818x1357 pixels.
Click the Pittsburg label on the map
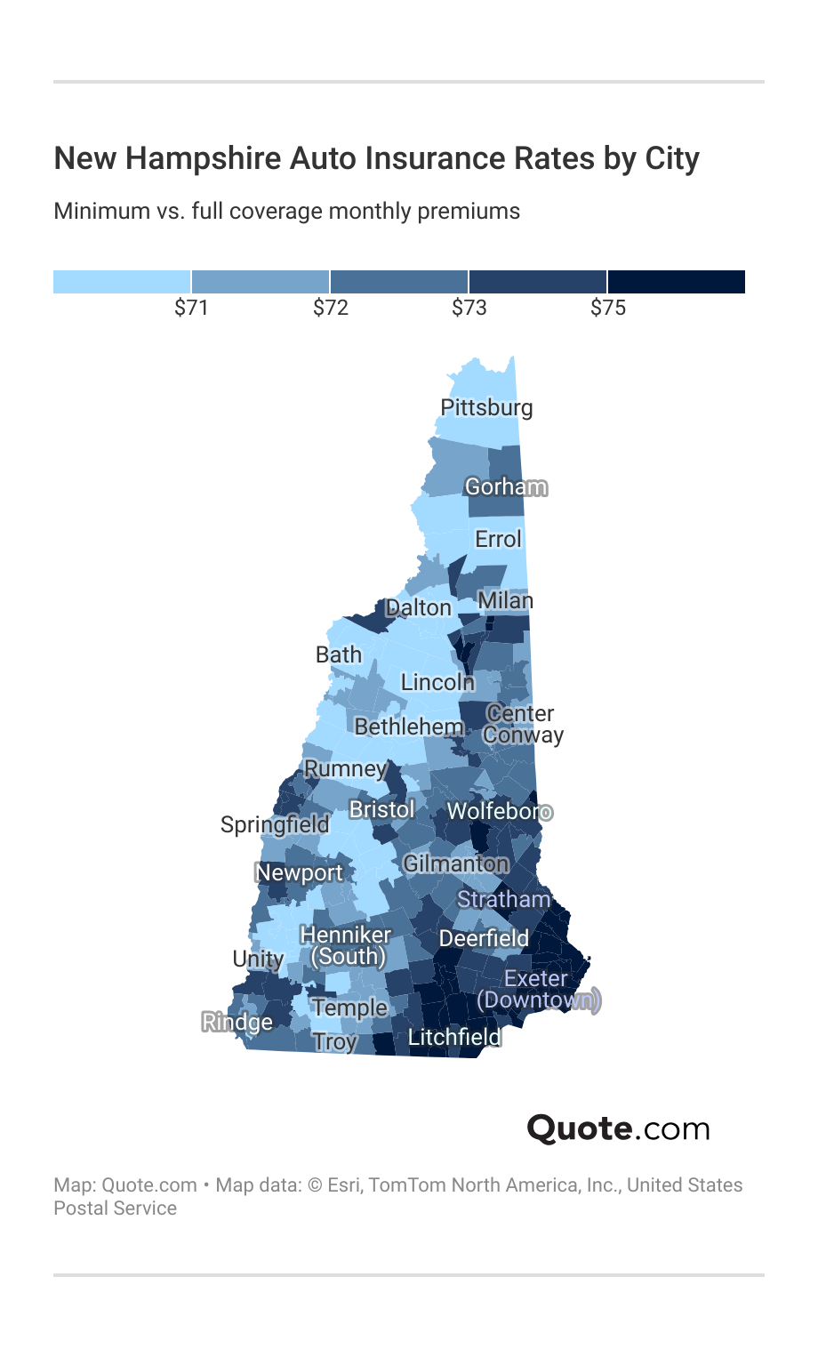[x=486, y=407]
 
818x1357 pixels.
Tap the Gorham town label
[x=506, y=486]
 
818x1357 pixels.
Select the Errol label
[x=498, y=539]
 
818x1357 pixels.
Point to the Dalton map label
[x=419, y=607]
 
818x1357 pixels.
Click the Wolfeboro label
[x=499, y=811]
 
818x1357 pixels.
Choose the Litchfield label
[x=453, y=1037]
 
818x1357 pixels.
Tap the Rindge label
[x=237, y=1022]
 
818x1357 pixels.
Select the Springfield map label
[x=275, y=824]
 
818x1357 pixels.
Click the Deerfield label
[x=484, y=938]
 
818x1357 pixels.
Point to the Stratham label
[x=503, y=899]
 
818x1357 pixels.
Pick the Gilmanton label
[x=455, y=863]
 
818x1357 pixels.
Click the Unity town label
[x=258, y=959]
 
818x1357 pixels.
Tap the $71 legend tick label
[x=191, y=308]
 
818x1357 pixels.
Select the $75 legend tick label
[x=608, y=308]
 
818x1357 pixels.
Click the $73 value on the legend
[x=469, y=308]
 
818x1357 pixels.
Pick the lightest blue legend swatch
[x=122, y=282]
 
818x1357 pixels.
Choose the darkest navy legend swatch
[x=676, y=282]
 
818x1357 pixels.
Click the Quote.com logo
[x=618, y=1128]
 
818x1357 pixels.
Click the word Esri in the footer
[x=344, y=1184]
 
